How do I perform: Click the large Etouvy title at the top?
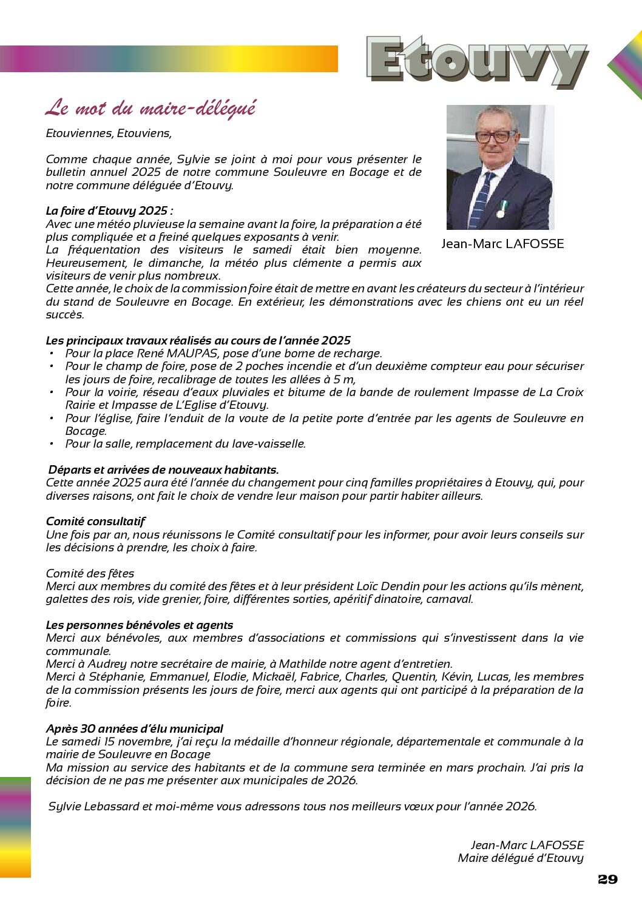click(476, 61)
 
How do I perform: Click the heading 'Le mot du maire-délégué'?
click(150, 109)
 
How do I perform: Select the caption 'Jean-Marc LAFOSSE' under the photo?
click(502, 244)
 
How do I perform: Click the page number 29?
click(607, 879)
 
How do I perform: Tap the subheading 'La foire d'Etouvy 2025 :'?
click(109, 211)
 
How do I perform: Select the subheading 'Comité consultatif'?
click(95, 521)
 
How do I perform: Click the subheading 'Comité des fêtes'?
click(90, 573)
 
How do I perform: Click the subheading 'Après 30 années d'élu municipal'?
click(134, 728)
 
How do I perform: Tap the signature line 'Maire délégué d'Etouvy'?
click(521, 858)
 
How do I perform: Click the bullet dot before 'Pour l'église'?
click(52, 418)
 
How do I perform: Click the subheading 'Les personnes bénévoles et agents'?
click(139, 625)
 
